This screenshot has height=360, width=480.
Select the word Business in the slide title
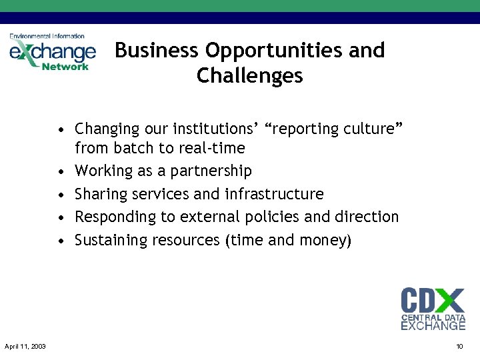(157, 51)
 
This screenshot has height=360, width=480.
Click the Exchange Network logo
(52, 53)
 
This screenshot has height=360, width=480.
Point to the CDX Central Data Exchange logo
(433, 308)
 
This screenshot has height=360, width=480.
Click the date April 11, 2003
(25, 346)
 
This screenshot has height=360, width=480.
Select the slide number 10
(459, 346)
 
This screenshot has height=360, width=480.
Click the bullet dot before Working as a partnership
(61, 172)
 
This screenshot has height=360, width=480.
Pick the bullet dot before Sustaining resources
(61, 241)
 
